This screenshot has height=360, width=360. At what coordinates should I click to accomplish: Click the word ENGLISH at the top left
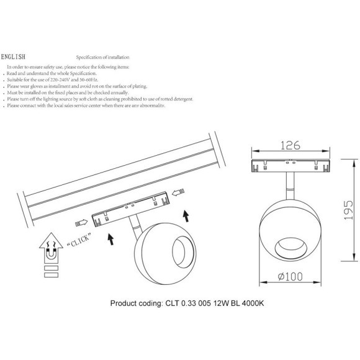[x=13, y=56]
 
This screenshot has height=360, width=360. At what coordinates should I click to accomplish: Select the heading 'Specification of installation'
[x=102, y=57]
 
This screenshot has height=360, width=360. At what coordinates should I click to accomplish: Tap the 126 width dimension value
[x=290, y=145]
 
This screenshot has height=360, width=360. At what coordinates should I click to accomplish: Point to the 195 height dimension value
[x=348, y=210]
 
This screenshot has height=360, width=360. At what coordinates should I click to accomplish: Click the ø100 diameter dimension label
[x=290, y=276]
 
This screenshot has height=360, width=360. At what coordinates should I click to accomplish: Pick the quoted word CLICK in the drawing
[x=79, y=240]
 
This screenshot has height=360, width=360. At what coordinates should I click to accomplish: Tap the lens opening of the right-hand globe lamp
[x=291, y=250]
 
